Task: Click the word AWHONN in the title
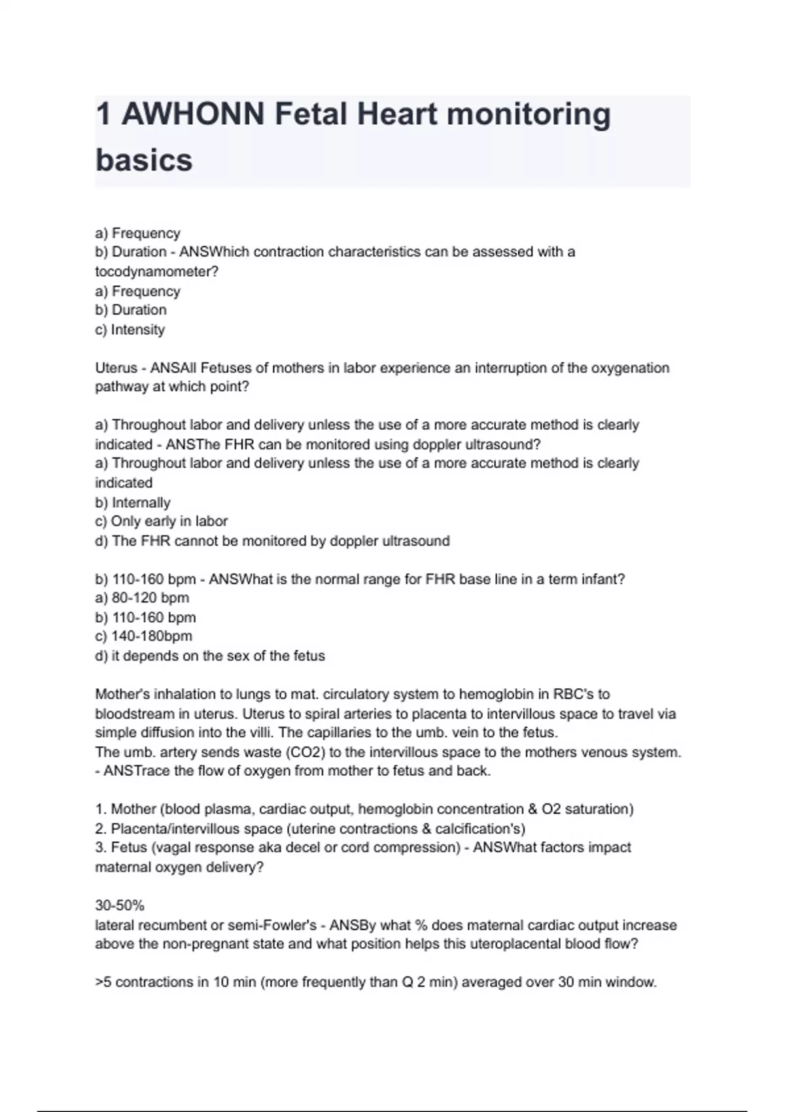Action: point(193,114)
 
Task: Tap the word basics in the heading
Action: point(144,160)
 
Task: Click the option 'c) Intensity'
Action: point(130,330)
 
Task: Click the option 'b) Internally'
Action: point(132,502)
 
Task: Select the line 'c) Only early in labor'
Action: point(161,521)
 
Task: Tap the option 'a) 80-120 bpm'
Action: point(141,598)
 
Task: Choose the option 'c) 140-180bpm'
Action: point(143,636)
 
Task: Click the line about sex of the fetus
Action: point(209,655)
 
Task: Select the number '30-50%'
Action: point(120,906)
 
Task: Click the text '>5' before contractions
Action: point(103,982)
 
